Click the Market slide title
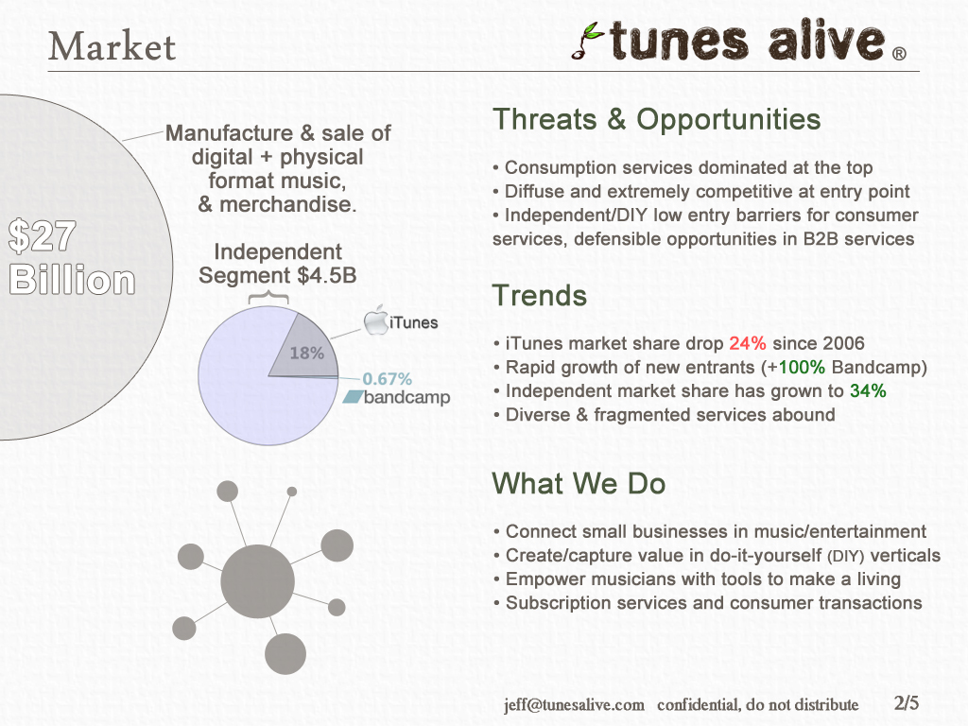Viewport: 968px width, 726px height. [112, 47]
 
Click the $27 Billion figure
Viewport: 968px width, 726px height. [72, 257]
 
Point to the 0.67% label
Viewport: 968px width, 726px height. [387, 378]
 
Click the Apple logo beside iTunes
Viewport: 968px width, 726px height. [375, 320]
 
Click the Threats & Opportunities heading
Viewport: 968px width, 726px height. [656, 119]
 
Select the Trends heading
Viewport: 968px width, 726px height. [540, 295]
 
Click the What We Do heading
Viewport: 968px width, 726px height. [579, 483]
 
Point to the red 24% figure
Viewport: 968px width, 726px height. [748, 343]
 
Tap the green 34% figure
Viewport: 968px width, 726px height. [868, 390]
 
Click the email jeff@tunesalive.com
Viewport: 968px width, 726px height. [574, 705]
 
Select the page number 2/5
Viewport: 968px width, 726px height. [907, 702]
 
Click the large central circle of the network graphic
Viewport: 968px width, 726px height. [257, 581]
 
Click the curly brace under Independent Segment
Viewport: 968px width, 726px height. [268, 298]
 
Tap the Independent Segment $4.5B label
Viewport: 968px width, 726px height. [278, 264]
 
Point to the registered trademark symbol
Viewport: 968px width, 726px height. [900, 54]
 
